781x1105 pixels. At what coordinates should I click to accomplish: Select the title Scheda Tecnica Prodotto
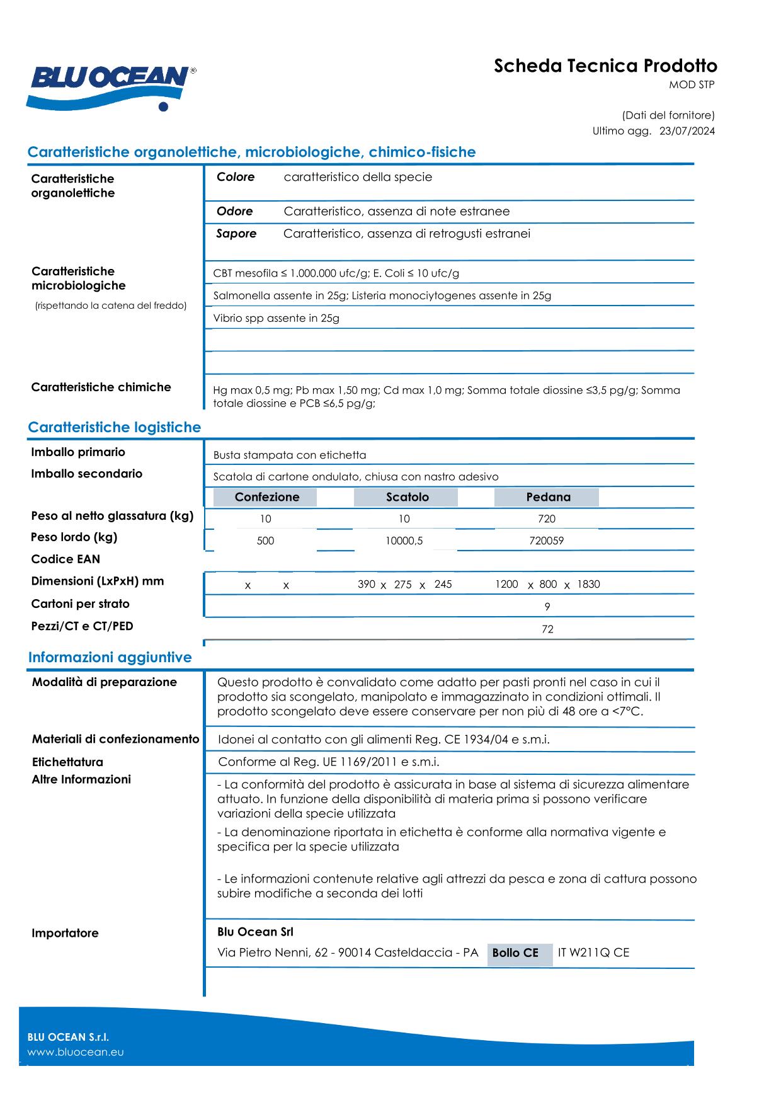click(x=605, y=66)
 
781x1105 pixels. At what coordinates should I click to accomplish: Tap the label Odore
click(x=234, y=212)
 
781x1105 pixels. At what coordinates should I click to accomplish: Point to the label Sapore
click(x=236, y=234)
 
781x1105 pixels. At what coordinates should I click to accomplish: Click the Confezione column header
click(x=266, y=497)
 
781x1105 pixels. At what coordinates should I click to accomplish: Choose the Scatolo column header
click(x=407, y=497)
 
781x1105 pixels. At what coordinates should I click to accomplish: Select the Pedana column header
click(x=548, y=497)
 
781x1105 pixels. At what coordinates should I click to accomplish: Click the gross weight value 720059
click(x=546, y=541)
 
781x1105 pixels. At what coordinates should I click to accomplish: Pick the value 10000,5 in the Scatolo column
click(x=404, y=541)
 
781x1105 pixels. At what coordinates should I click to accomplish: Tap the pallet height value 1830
click(x=588, y=584)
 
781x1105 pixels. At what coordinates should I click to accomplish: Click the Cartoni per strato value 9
click(x=547, y=607)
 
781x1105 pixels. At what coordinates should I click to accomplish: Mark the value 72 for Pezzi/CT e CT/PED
click(x=547, y=629)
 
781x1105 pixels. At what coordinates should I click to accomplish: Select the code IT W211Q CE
click(x=593, y=953)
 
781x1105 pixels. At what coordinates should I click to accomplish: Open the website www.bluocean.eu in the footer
click(x=76, y=1052)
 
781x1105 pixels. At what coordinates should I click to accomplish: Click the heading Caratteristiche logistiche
click(x=114, y=427)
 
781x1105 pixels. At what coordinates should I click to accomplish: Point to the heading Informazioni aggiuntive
click(x=110, y=657)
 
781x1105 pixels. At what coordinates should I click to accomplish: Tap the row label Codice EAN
click(x=66, y=559)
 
